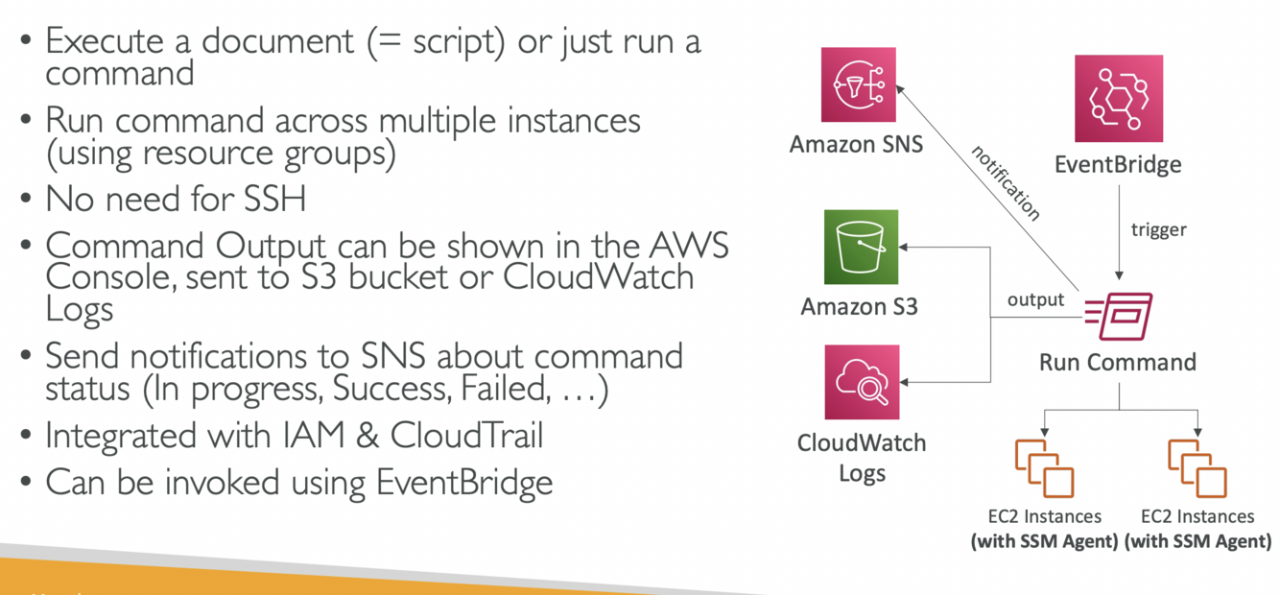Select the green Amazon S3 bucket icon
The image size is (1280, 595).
(x=862, y=247)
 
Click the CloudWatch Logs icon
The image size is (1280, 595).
(x=862, y=382)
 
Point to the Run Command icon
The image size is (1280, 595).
(x=1119, y=316)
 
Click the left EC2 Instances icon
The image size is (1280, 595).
(x=1044, y=467)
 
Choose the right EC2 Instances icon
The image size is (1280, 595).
(x=1197, y=467)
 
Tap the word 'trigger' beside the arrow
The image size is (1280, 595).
(x=1158, y=230)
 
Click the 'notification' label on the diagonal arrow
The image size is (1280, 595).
(x=1005, y=183)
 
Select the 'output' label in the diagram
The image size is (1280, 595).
(x=1035, y=299)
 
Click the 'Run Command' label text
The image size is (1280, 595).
(x=1118, y=363)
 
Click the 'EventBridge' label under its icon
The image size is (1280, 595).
(x=1118, y=164)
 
